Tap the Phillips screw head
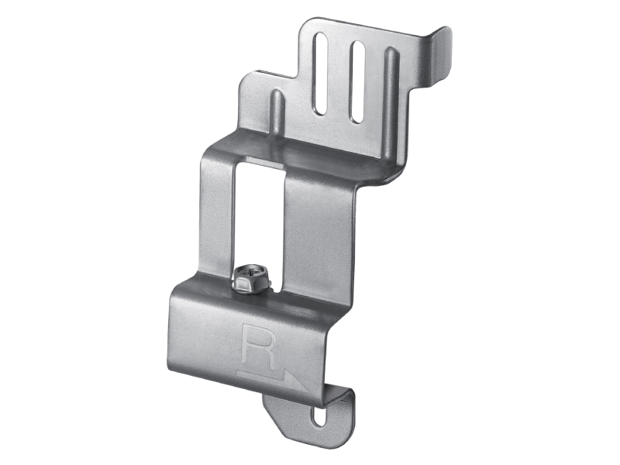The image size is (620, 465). (251, 273)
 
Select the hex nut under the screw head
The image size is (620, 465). (251, 284)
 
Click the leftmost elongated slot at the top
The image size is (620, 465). (322, 74)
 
